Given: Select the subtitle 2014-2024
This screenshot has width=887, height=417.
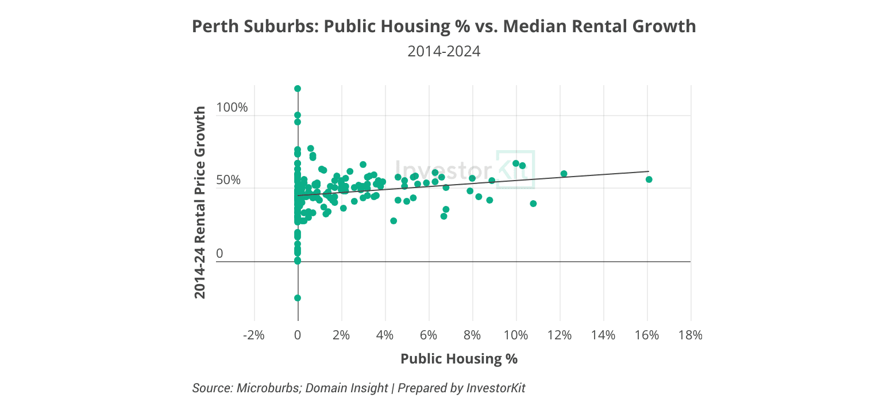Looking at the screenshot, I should click(443, 52).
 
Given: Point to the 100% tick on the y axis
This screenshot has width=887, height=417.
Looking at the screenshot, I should click(232, 108).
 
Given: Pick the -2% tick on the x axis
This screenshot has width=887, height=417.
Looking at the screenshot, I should click(253, 335).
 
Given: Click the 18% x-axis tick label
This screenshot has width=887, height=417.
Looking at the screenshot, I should click(690, 335).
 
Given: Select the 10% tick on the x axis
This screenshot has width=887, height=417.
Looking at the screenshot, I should click(516, 335).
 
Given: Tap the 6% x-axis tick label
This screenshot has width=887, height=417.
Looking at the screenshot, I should click(429, 335).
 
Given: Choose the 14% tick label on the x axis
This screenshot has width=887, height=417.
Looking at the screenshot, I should click(603, 335).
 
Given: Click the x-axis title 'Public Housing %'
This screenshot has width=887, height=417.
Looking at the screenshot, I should click(458, 359).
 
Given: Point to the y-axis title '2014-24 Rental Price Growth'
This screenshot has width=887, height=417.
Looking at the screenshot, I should click(199, 202).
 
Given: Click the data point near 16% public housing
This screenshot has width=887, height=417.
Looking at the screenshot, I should click(649, 179).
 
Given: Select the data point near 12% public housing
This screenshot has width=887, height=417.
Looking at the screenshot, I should click(564, 174).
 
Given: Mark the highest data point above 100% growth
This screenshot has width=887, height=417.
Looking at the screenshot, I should click(298, 89).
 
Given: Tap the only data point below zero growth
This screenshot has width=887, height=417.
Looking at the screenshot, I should click(298, 298).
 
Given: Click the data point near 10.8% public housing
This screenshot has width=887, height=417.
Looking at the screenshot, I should click(533, 204).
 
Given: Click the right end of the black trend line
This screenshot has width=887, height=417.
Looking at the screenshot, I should click(648, 171).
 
